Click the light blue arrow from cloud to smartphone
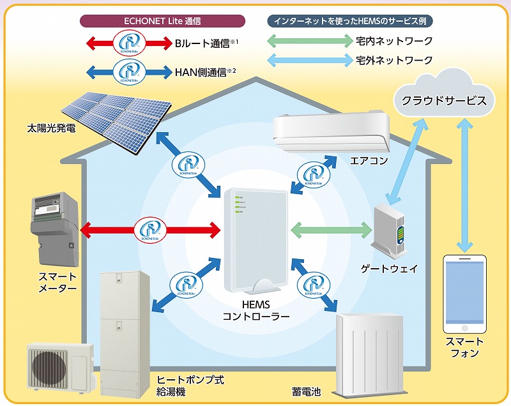point(465,185)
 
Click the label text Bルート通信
point(201,43)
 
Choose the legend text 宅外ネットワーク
point(394,61)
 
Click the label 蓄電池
point(305,388)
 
